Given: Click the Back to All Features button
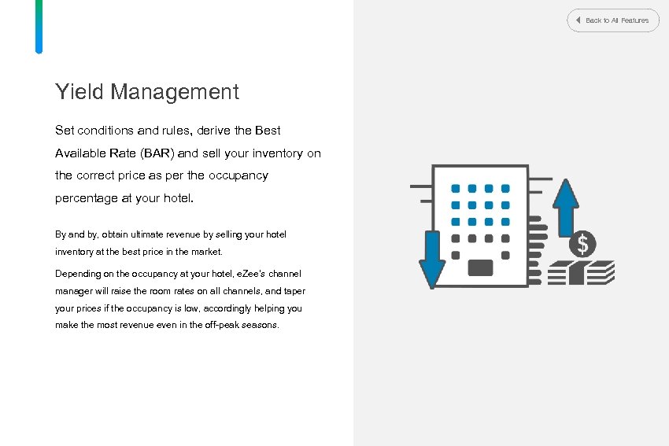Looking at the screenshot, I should click(x=613, y=20).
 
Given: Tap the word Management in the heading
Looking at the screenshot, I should click(x=174, y=92).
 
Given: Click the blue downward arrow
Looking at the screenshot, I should click(x=432, y=260).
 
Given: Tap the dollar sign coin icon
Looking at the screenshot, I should click(x=582, y=245).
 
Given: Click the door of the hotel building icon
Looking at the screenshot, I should click(x=480, y=267).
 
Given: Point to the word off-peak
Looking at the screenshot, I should click(x=221, y=325).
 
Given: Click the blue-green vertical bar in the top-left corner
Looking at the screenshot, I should click(x=39, y=26).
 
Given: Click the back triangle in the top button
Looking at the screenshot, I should click(x=578, y=20).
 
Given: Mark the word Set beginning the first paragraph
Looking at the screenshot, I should click(x=65, y=131).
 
